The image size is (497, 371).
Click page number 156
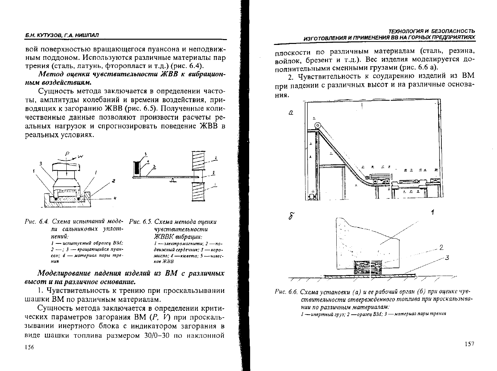click(x=29, y=347)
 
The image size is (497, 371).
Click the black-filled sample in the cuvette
click(x=137, y=169)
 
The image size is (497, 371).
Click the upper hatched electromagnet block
click(x=198, y=161)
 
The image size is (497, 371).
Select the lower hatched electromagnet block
click(x=198, y=193)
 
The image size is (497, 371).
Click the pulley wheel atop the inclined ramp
click(x=317, y=126)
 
